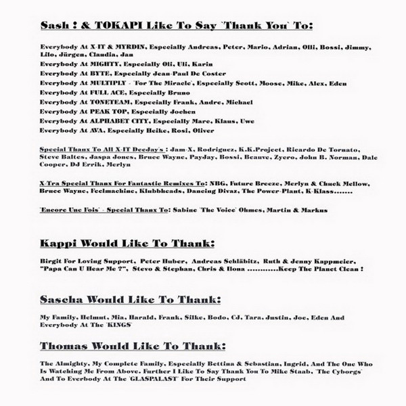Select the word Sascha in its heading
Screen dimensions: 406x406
click(x=66, y=298)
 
